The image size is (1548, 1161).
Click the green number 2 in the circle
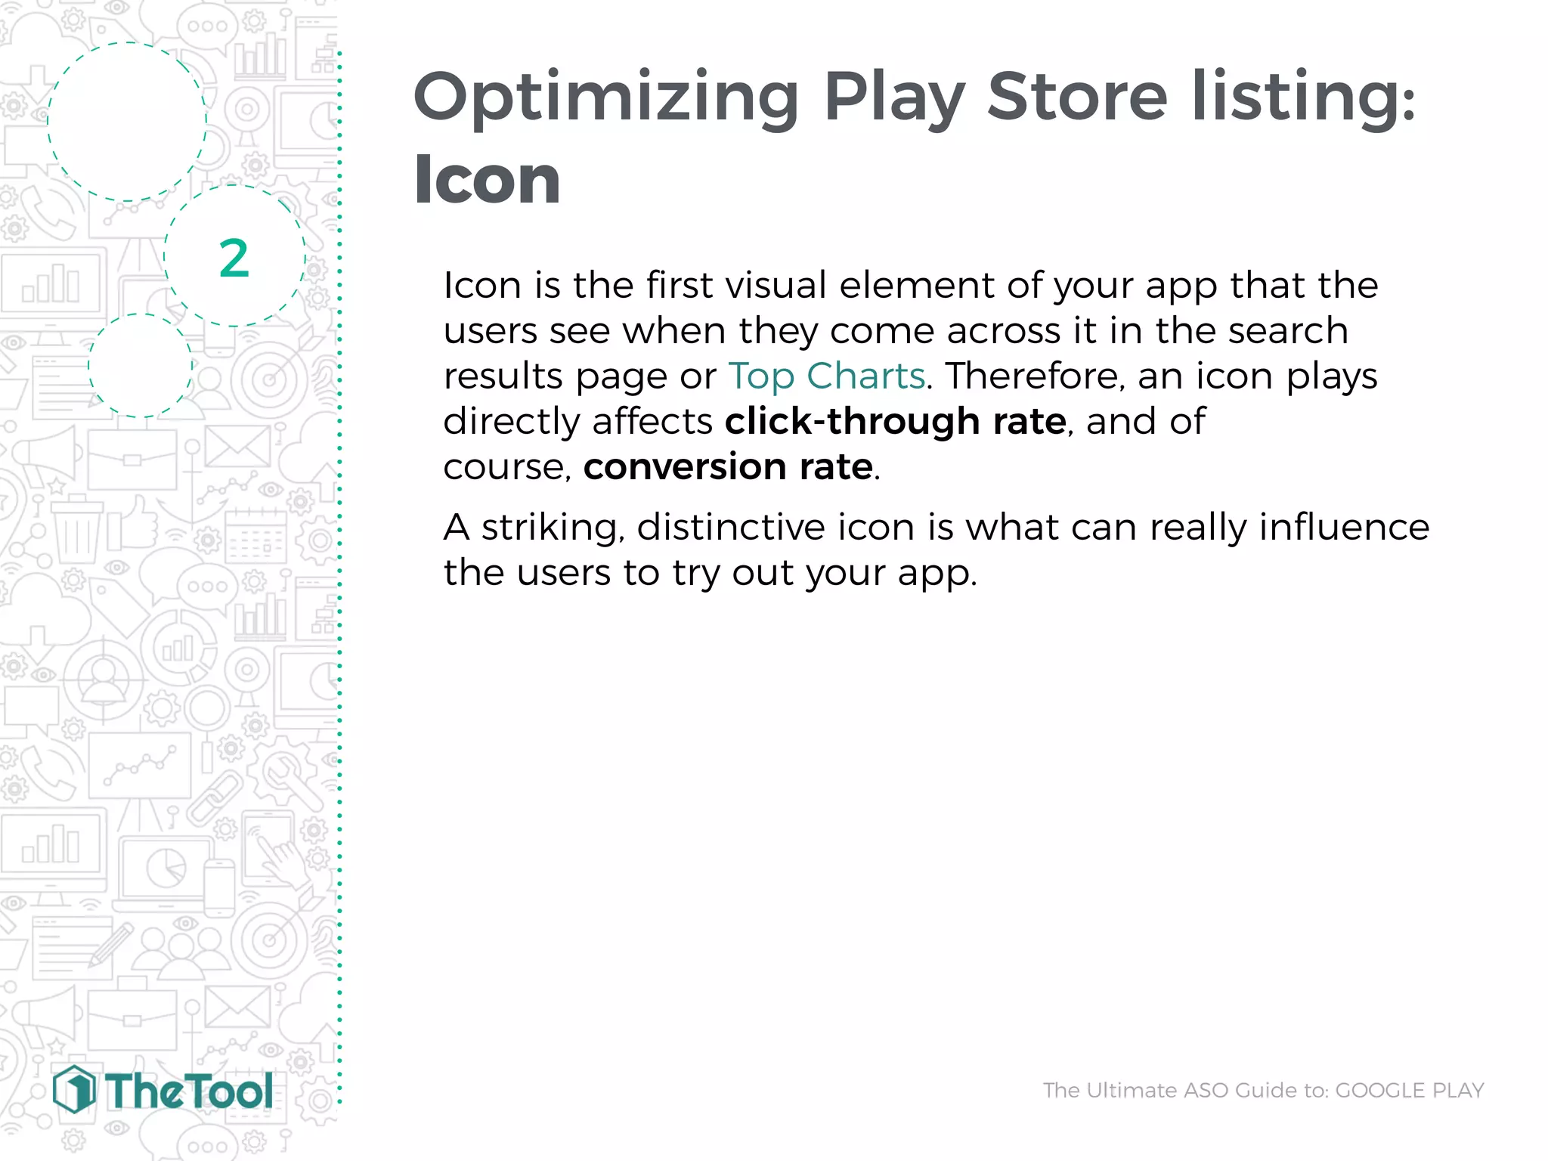234,259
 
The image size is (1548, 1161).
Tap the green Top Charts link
826,376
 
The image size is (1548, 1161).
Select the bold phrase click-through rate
895,421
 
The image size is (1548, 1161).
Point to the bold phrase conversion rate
728,466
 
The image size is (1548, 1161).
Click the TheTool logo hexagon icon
74,1089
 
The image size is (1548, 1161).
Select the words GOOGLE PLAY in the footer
1409,1090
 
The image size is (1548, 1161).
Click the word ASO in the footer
1206,1090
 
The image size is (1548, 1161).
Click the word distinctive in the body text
731,527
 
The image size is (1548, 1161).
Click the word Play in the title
894,98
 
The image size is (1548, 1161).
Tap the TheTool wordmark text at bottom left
189,1091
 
